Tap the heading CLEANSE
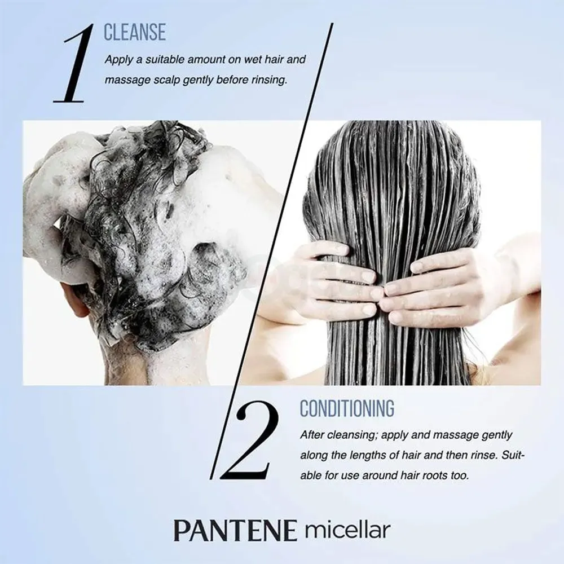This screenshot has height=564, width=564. pyautogui.click(x=135, y=33)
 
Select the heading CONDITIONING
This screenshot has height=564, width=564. pyautogui.click(x=347, y=408)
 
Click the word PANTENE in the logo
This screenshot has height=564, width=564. pyautogui.click(x=235, y=531)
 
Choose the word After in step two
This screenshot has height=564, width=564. pyautogui.click(x=312, y=435)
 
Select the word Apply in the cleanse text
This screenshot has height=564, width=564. pyautogui.click(x=117, y=59)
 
